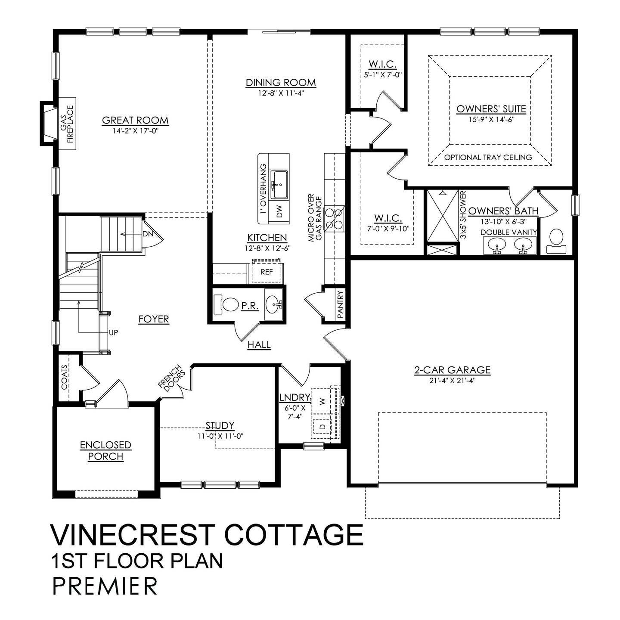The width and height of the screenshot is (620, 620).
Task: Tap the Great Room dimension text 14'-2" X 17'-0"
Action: (x=135, y=131)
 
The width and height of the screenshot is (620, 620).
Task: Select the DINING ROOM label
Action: (x=281, y=83)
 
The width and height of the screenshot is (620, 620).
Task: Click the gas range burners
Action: (x=335, y=218)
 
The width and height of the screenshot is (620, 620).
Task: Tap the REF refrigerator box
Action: (x=267, y=272)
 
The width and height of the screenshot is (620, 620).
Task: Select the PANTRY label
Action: (x=341, y=305)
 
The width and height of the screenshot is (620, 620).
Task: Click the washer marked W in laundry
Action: (x=322, y=400)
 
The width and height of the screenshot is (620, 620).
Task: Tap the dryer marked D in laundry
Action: (x=322, y=427)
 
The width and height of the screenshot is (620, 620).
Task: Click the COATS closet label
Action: (x=64, y=378)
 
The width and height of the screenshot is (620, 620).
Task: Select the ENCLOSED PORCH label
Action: (x=105, y=450)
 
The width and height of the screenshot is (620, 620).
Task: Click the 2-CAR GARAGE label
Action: (x=452, y=369)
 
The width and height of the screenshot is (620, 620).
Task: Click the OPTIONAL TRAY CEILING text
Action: (x=488, y=157)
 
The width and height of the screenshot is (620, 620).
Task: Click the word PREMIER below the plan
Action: (x=105, y=586)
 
